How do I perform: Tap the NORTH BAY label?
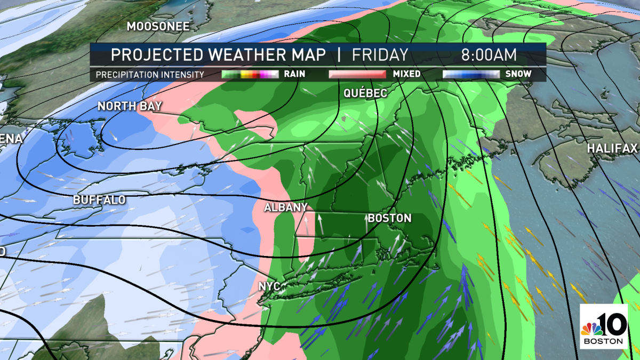[x=130, y=107]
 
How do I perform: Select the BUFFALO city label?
[x=99, y=200]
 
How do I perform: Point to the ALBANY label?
[x=286, y=207]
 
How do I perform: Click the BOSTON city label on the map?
[x=389, y=218]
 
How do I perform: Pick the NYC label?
[x=269, y=286]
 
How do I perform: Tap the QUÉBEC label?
[x=365, y=93]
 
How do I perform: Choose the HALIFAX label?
[x=612, y=148]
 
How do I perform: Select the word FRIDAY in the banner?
[x=380, y=55]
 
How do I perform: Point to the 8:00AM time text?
[x=489, y=55]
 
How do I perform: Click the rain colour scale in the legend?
[x=250, y=74]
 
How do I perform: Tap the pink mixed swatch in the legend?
[x=357, y=74]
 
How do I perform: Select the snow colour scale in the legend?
[x=470, y=74]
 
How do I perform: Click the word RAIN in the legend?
[x=295, y=74]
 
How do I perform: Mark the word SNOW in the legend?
[x=517, y=74]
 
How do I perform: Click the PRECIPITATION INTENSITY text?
[x=150, y=75]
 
